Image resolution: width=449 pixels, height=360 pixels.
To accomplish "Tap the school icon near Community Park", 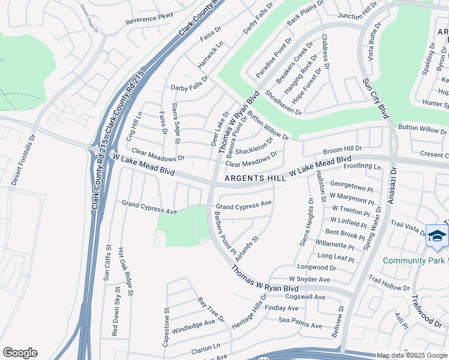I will click(436, 235).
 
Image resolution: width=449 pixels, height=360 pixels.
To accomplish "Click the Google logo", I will click(20, 353).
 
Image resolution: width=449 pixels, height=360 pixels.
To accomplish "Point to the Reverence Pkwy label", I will click(149, 19).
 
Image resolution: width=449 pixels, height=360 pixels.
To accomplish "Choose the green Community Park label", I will click(414, 260).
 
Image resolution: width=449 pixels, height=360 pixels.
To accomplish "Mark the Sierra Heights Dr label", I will click(305, 222).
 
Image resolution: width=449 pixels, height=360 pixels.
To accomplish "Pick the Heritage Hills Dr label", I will click(249, 315).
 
